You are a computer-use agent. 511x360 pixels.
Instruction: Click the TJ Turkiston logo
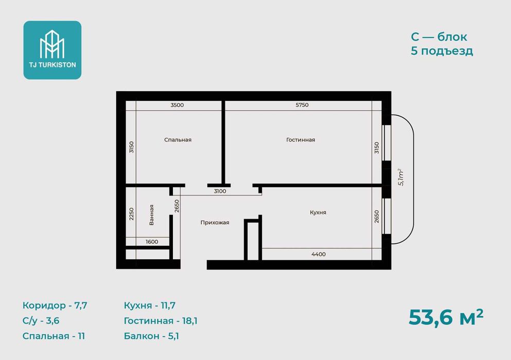click(52, 50)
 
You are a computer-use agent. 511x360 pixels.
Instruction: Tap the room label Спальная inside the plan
click(178, 140)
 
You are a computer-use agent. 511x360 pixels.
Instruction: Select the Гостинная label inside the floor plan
click(301, 140)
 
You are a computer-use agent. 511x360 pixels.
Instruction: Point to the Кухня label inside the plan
click(318, 212)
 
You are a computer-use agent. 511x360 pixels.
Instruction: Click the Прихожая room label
click(215, 223)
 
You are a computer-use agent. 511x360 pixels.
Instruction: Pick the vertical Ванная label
click(151, 215)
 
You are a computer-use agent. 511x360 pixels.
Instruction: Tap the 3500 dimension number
click(177, 105)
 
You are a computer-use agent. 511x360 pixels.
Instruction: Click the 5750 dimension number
click(302, 105)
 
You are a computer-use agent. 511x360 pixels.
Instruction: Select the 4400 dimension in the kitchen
click(319, 254)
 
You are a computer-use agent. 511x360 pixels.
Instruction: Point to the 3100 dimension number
click(220, 191)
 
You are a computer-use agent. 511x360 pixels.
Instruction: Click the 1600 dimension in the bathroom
click(152, 242)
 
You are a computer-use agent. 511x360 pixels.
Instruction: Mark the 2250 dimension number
click(131, 214)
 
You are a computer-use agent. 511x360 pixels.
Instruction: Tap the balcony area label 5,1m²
click(401, 177)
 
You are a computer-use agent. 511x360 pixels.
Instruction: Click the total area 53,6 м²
click(446, 317)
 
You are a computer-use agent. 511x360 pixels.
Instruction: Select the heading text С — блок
click(439, 37)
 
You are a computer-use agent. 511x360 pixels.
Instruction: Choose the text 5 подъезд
click(442, 51)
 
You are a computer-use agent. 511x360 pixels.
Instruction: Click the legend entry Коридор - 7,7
click(55, 305)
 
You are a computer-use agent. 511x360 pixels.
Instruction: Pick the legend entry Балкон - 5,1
click(151, 336)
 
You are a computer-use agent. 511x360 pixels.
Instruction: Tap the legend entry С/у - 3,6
click(41, 320)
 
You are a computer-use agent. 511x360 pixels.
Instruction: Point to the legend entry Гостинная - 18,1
click(161, 320)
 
